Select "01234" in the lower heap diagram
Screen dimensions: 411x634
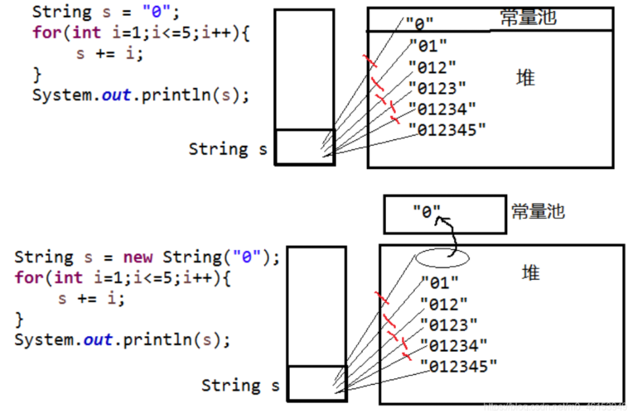[x=454, y=345]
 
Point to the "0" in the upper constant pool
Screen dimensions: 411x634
[x=420, y=24]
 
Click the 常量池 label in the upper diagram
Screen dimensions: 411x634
[x=528, y=18]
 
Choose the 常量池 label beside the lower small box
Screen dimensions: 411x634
[x=538, y=212]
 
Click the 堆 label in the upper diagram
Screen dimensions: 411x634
[x=525, y=78]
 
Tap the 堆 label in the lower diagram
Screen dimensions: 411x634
[x=531, y=272]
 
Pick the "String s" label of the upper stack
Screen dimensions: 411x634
[x=228, y=149]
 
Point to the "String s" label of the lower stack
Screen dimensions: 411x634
[x=240, y=385]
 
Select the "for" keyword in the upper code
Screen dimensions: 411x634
[x=46, y=33]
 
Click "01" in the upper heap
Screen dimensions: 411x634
[x=427, y=46]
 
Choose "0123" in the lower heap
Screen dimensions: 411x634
[x=449, y=325]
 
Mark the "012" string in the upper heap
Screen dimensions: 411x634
[x=432, y=67]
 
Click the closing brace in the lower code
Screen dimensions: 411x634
[x=19, y=320]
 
